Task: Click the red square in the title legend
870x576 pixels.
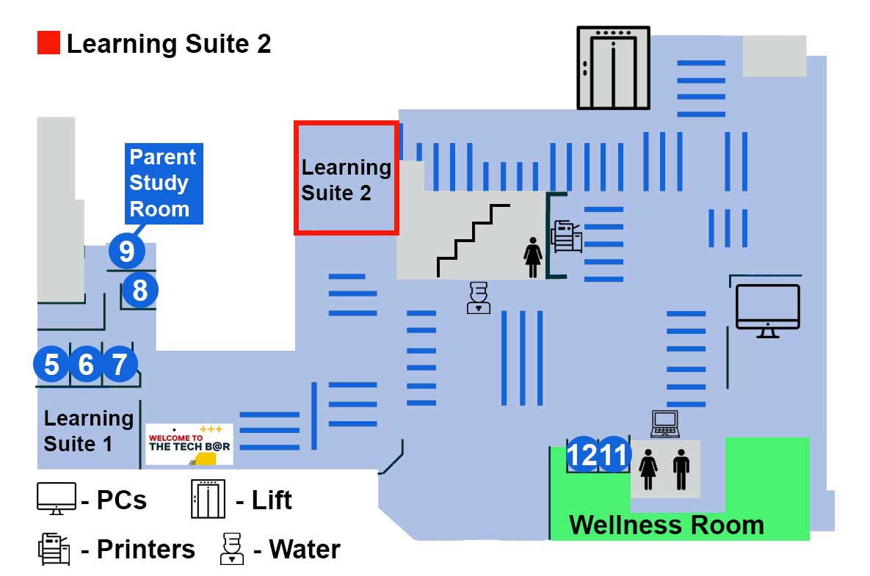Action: point(48,43)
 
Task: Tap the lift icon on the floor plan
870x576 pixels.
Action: point(613,68)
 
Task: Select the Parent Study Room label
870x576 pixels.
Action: point(163,183)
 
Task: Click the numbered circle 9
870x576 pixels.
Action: point(127,251)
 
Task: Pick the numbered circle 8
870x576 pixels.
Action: point(139,291)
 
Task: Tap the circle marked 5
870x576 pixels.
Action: point(52,365)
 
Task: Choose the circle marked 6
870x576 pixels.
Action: point(86,365)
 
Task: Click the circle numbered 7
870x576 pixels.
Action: point(120,365)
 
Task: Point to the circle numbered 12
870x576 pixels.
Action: point(583,456)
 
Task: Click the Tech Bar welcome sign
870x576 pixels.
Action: point(189,444)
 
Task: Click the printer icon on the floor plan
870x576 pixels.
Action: point(567,237)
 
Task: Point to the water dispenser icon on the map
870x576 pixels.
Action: point(478,298)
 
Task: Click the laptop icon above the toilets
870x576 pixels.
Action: point(665,424)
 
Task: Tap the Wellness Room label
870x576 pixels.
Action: point(667,525)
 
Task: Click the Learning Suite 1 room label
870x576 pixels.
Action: point(88,431)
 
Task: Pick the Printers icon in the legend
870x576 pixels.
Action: point(54,550)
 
